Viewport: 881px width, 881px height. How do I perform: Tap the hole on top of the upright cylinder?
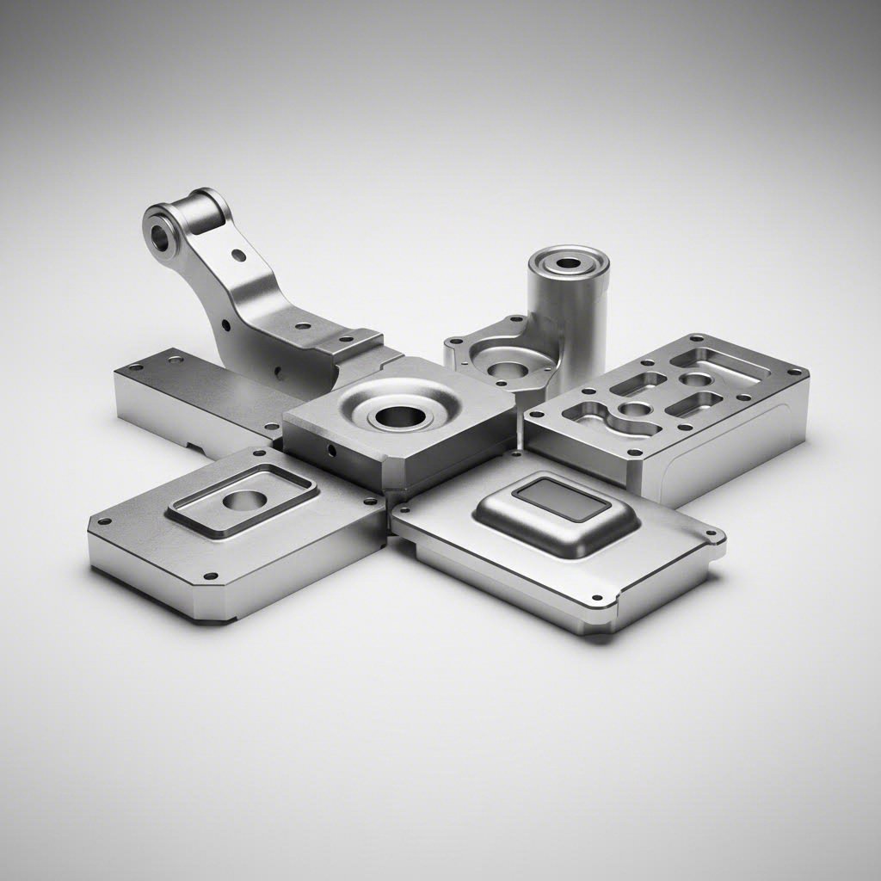click(569, 262)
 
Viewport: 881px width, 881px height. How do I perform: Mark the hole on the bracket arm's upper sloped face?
click(238, 255)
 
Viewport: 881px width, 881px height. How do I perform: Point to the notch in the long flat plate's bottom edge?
click(198, 447)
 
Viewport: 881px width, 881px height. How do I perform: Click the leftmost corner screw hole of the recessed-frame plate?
click(104, 521)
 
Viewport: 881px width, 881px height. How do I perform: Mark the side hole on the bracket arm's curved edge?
click(225, 326)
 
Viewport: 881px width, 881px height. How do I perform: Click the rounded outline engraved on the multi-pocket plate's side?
click(723, 469)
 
